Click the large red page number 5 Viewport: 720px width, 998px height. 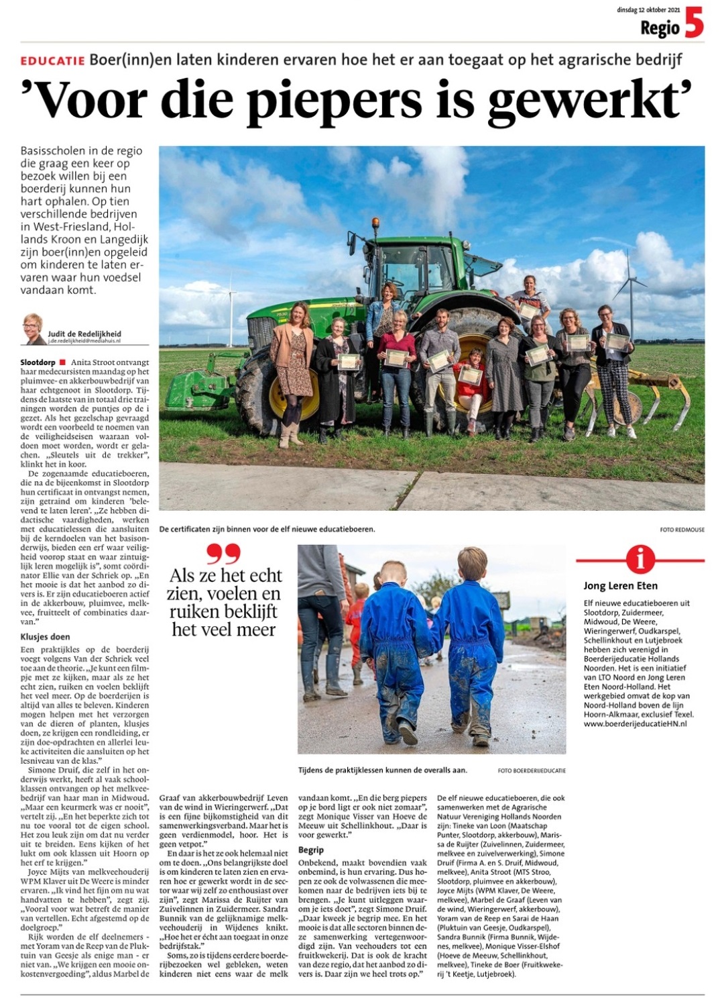(694, 23)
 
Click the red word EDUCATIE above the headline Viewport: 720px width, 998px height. (52, 60)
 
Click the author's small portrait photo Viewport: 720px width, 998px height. (33, 329)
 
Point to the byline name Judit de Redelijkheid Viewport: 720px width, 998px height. (84, 334)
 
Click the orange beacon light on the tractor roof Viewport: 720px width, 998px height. (374, 223)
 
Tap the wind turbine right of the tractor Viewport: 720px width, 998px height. (630, 289)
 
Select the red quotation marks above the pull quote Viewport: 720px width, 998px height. (223, 553)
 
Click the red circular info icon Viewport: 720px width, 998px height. (640, 558)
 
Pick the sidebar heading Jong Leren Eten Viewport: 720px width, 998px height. (620, 586)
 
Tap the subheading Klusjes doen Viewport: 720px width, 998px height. (45, 636)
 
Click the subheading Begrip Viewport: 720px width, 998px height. (311, 850)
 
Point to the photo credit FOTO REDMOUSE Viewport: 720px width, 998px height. (682, 530)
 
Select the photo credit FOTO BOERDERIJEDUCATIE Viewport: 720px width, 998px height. (532, 770)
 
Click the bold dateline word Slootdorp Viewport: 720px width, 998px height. (38, 362)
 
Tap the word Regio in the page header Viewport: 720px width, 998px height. (660, 28)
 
